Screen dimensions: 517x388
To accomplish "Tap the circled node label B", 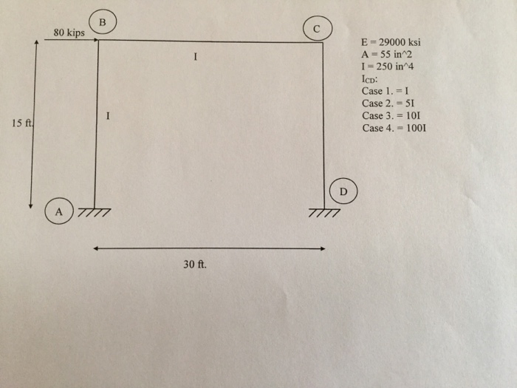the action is (102, 21).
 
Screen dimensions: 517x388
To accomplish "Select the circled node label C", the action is (317, 30).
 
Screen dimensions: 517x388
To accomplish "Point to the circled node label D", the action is (343, 190).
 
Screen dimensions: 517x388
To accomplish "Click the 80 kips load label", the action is (69, 33).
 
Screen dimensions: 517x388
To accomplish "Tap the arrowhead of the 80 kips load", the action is (95, 40).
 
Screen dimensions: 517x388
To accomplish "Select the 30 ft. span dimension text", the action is (195, 264).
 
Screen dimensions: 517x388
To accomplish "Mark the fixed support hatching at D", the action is (325, 214).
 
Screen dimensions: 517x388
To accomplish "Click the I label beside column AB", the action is (109, 116).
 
